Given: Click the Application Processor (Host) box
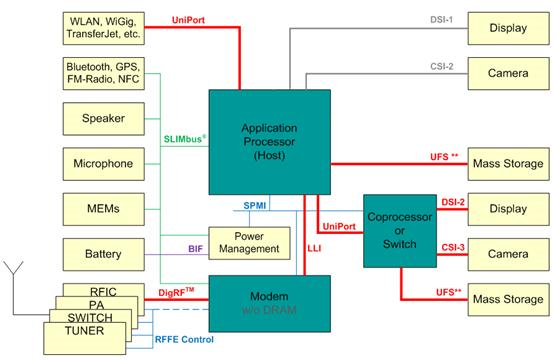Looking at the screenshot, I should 268,142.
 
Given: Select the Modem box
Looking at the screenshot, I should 268,299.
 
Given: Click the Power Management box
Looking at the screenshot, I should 246,242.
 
